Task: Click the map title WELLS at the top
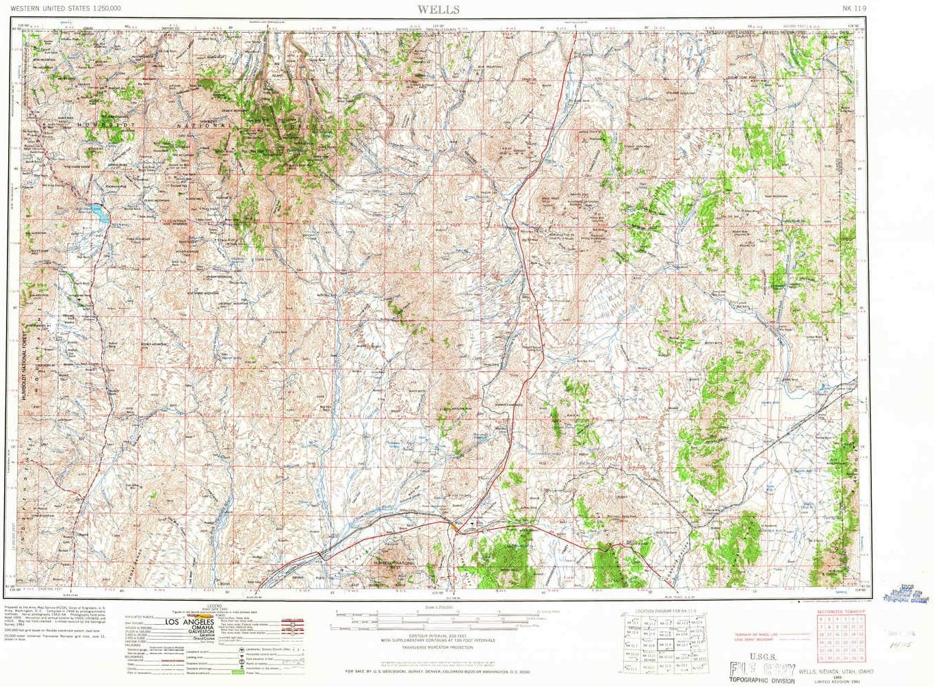click(x=439, y=9)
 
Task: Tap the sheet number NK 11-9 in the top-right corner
click(x=855, y=8)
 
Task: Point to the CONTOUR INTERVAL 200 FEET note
click(x=437, y=636)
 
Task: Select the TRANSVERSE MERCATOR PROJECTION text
click(x=437, y=647)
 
